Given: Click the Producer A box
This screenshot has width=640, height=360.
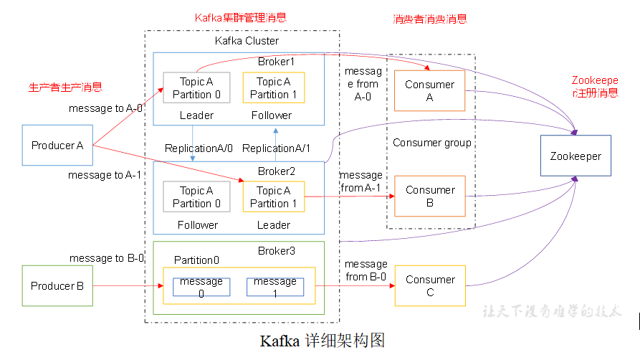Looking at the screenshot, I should pyautogui.click(x=57, y=146).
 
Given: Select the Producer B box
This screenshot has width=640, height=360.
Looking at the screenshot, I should pyautogui.click(x=57, y=286).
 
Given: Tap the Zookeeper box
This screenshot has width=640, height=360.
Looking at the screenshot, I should pyautogui.click(x=575, y=156).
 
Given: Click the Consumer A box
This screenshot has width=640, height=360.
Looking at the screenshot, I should pyautogui.click(x=429, y=91).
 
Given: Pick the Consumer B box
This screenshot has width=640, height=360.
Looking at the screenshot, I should pyautogui.click(x=429, y=196).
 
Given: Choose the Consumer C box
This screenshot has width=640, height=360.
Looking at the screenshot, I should pyautogui.click(x=429, y=285).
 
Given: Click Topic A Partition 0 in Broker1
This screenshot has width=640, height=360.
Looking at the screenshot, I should pyautogui.click(x=196, y=88).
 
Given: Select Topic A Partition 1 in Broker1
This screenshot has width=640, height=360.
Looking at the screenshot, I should pyautogui.click(x=273, y=88).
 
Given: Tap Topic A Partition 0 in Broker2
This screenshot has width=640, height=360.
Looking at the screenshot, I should pyautogui.click(x=196, y=196).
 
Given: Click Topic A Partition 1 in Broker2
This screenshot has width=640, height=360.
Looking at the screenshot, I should pyautogui.click(x=273, y=196).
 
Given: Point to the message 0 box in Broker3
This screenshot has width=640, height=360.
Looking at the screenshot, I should pyautogui.click(x=201, y=287).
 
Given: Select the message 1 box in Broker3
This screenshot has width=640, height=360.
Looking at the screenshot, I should pyautogui.click(x=275, y=287).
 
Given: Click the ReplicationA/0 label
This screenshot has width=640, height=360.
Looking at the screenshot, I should pyautogui.click(x=199, y=148).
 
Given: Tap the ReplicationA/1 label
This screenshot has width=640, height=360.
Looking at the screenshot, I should pyautogui.click(x=277, y=148).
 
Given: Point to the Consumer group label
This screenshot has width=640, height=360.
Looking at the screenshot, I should pyautogui.click(x=431, y=143).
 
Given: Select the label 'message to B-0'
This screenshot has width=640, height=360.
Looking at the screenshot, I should pyautogui.click(x=106, y=258).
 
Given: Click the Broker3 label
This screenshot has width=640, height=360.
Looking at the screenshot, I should pyautogui.click(x=276, y=250).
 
